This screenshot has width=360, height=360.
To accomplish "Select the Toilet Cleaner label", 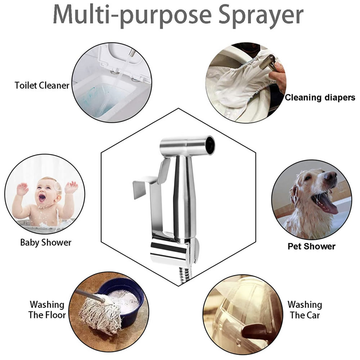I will coord(42,85).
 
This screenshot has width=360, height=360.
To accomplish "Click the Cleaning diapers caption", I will coord(320,97).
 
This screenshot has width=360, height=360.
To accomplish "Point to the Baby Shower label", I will coord(46,242).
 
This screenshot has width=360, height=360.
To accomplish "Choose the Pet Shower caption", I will coord(311,246).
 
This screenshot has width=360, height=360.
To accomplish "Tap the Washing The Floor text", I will coord(48,310).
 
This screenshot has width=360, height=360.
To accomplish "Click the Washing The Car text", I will coord(305,310).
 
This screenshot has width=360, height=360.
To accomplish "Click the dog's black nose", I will coord(330,176).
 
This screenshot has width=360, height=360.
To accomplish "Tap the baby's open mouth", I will coord(42,197).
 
